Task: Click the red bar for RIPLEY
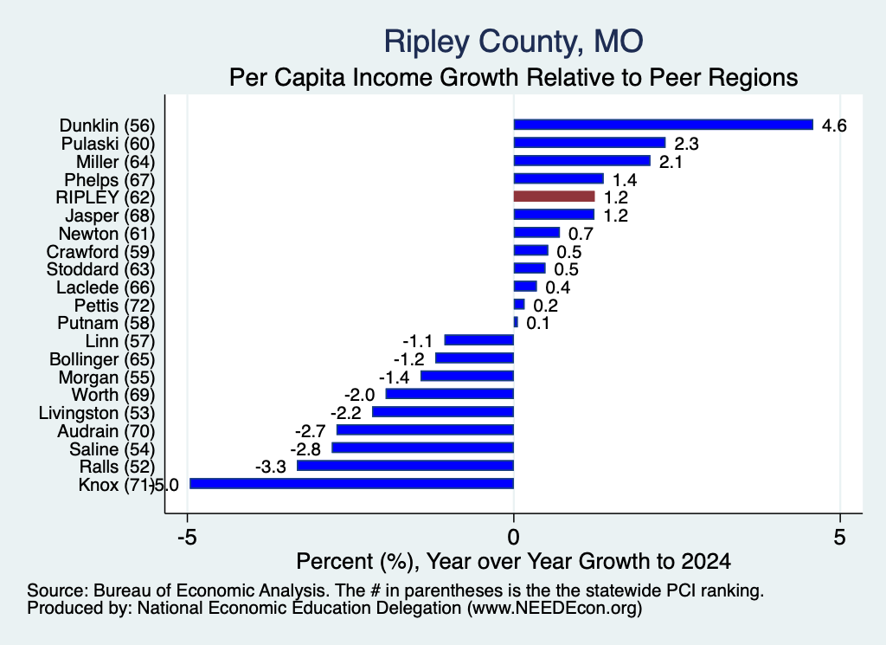[x=554, y=197]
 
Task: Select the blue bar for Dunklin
[x=664, y=125]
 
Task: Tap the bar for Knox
[x=351, y=483]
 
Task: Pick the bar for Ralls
[x=405, y=465]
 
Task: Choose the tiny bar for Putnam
[x=516, y=322]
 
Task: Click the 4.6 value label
[x=834, y=126]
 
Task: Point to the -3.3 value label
[x=271, y=467]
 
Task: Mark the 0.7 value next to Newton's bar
[x=581, y=234]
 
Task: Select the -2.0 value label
[x=359, y=395]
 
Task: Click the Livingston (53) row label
[x=97, y=413]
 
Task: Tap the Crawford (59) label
[x=100, y=252]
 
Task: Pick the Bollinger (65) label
[x=102, y=359]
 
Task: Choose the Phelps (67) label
[x=110, y=180]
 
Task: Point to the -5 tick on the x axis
[x=187, y=537]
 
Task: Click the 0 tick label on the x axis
[x=513, y=537]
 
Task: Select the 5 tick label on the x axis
[x=839, y=537]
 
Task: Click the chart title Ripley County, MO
[x=514, y=42]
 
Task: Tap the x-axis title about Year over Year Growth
[x=514, y=561]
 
